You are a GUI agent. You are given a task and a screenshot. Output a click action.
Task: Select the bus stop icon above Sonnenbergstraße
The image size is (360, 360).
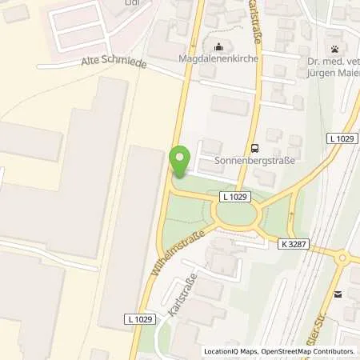254,147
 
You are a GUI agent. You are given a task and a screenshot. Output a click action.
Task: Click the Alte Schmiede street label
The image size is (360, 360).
102,64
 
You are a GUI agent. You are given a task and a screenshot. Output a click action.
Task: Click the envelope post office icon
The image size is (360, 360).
338,294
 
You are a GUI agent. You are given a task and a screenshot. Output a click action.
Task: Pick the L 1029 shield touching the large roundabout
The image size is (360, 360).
234,197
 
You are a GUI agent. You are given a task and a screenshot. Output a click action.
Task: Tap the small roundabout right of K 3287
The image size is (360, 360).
344,258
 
